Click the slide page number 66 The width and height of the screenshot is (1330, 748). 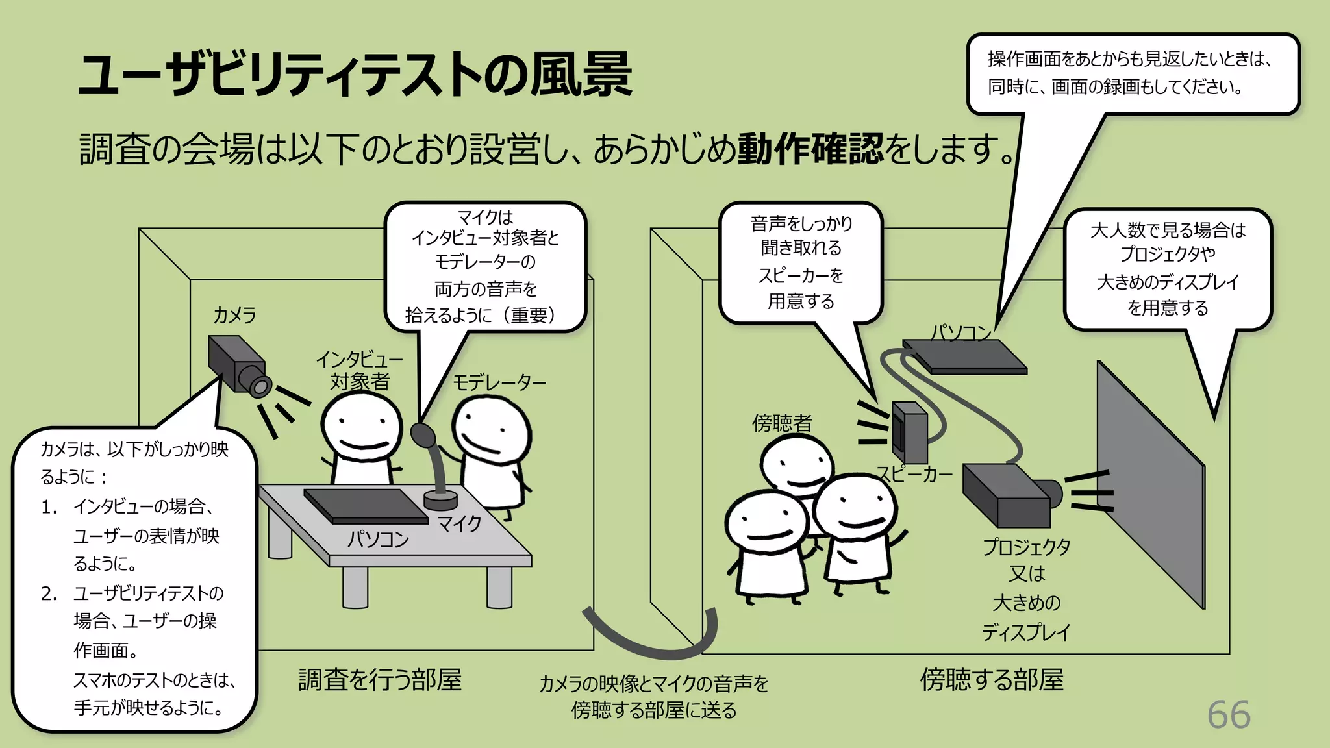click(x=1228, y=715)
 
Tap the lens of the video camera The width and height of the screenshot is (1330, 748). click(x=260, y=387)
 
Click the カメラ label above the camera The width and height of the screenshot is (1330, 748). click(x=234, y=316)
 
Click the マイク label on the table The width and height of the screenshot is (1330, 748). click(x=459, y=523)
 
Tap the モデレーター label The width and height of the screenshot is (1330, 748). click(x=499, y=382)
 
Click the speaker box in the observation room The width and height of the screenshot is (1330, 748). click(x=909, y=431)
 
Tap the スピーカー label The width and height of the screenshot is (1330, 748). click(x=914, y=474)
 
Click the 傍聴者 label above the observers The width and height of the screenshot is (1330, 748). click(x=782, y=423)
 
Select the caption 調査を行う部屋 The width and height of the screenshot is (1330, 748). click(x=380, y=680)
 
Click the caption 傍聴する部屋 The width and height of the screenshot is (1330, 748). click(x=992, y=680)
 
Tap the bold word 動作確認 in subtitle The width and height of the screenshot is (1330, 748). click(x=810, y=149)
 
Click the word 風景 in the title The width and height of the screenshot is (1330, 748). click(x=581, y=75)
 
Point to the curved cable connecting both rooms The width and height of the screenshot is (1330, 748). click(x=649, y=640)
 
